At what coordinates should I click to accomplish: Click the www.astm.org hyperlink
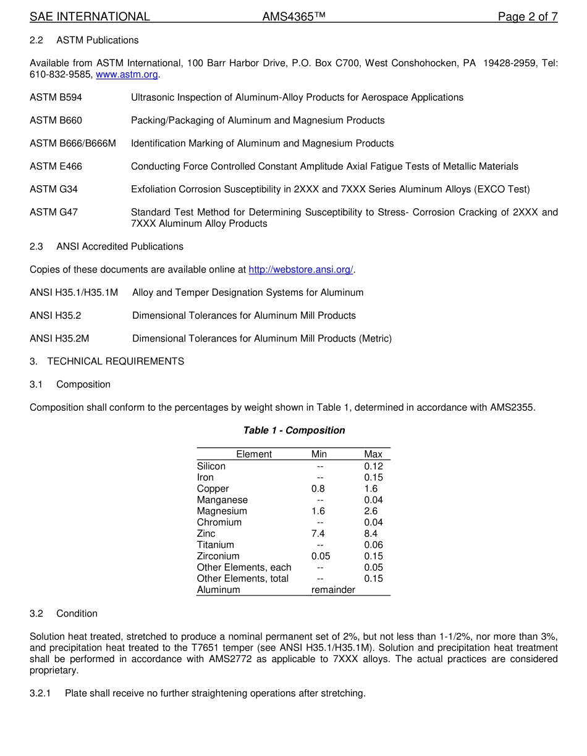(127, 75)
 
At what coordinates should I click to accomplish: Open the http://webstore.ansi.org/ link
(301, 270)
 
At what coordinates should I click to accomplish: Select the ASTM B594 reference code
(56, 98)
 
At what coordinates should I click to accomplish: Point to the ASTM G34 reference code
(54, 190)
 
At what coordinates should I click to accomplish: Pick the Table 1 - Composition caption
(293, 430)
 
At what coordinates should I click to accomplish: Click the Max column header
(373, 455)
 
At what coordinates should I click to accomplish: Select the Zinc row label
(206, 534)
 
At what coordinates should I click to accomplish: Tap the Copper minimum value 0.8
(318, 489)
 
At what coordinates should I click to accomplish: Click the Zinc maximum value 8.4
(371, 534)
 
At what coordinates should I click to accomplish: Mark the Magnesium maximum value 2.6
(371, 511)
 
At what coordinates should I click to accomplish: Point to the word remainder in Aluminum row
(333, 590)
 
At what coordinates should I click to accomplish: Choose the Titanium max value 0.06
(373, 545)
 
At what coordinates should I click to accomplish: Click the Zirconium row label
(218, 556)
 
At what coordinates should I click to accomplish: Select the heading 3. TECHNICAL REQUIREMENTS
(115, 361)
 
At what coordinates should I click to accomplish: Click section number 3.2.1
(41, 694)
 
